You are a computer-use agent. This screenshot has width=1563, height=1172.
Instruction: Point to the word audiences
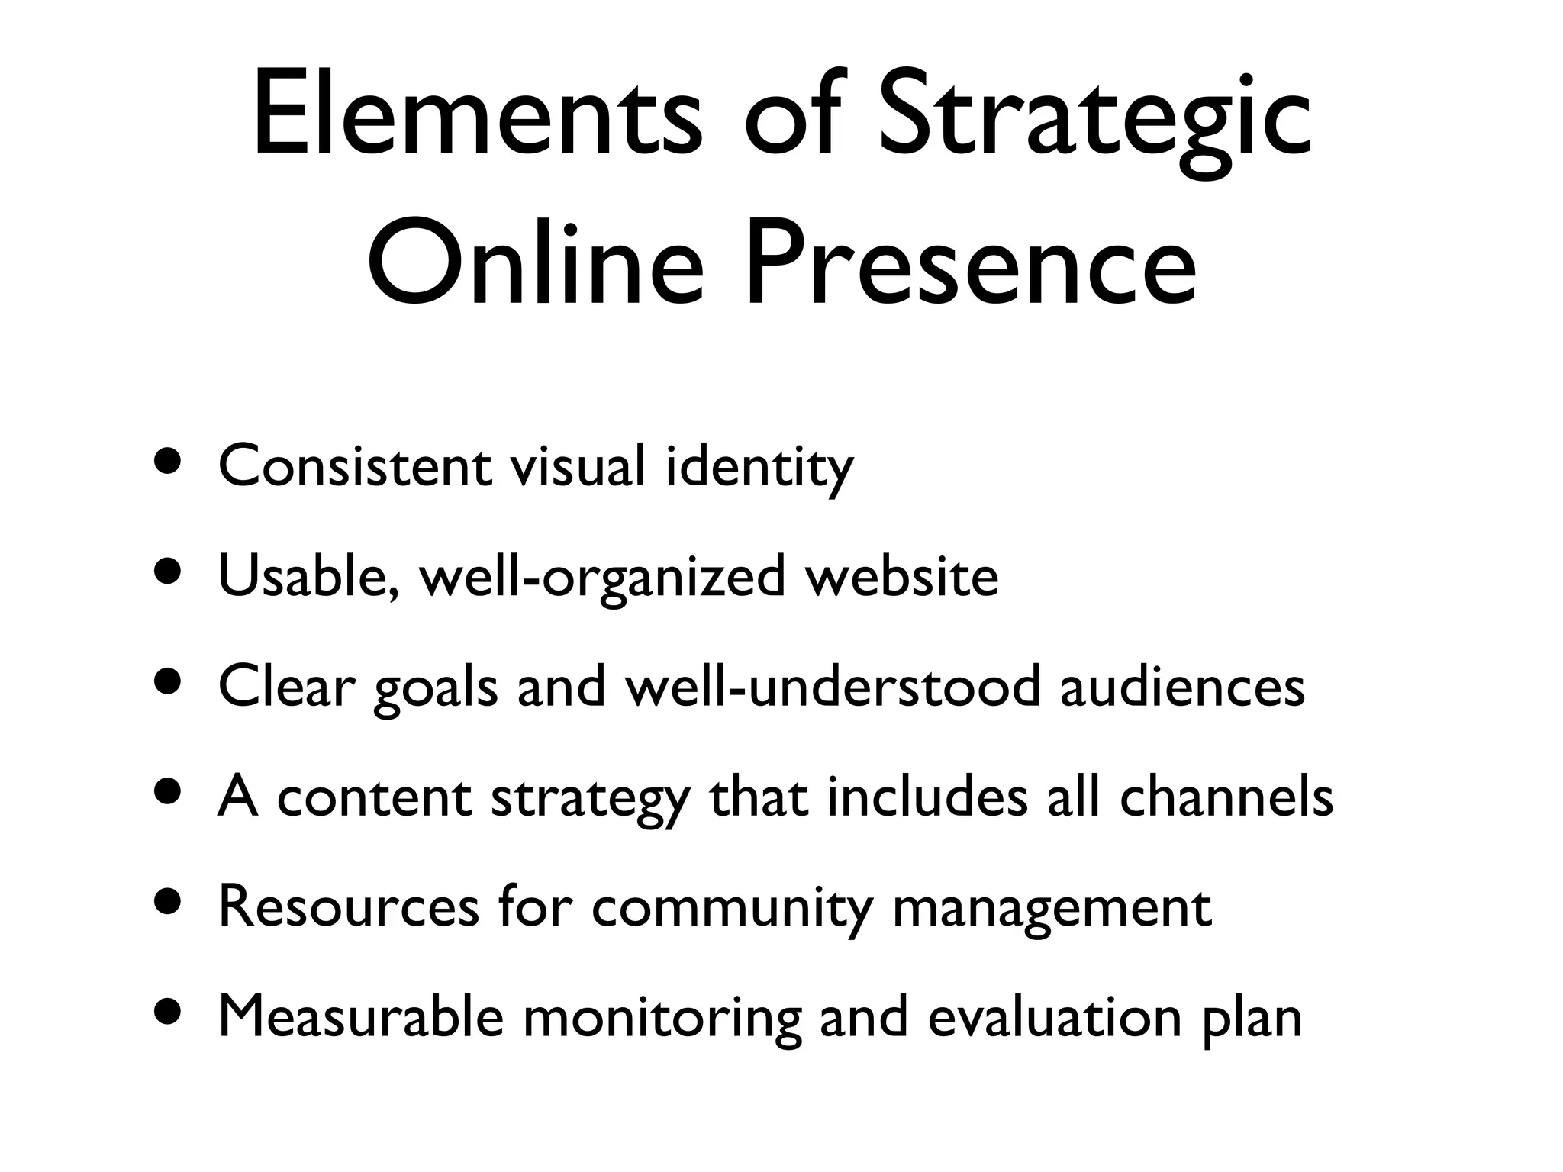click(x=1182, y=687)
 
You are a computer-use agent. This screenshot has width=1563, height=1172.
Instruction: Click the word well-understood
click(x=833, y=687)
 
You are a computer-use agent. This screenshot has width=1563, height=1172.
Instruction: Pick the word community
click(x=732, y=909)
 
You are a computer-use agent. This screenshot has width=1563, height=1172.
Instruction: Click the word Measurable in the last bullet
click(x=361, y=1017)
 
